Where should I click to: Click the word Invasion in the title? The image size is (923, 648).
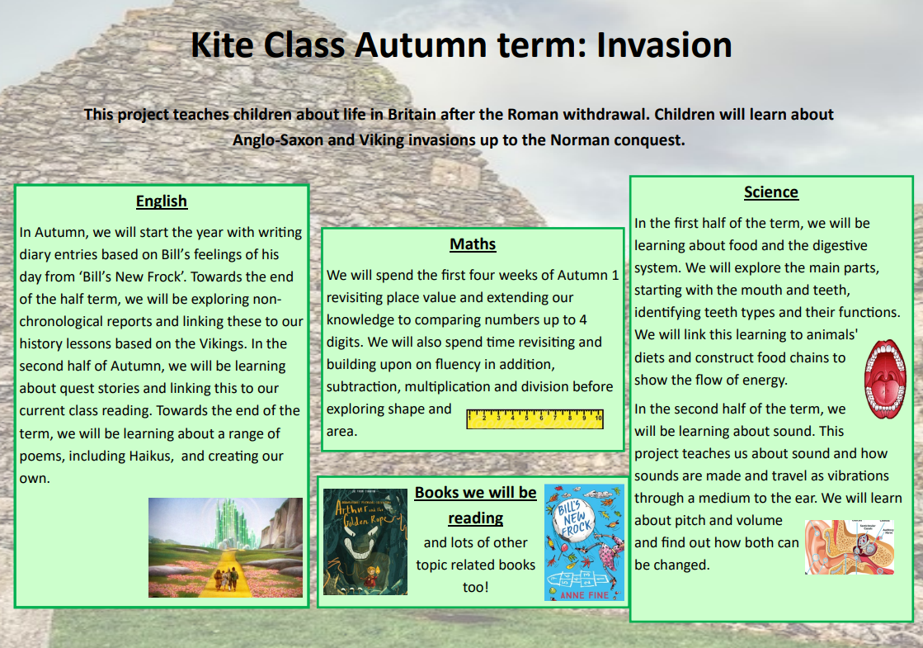pyautogui.click(x=664, y=45)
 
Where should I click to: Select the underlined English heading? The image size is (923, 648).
pyautogui.click(x=162, y=201)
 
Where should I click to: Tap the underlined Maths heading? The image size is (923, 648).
pyautogui.click(x=473, y=244)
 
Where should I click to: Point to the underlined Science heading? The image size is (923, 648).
pyautogui.click(x=771, y=192)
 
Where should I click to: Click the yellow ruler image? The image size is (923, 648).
pyautogui.click(x=534, y=419)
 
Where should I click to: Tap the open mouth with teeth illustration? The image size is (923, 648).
pyautogui.click(x=885, y=379)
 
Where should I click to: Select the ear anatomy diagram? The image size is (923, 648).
pyautogui.click(x=850, y=546)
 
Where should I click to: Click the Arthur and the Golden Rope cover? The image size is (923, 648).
pyautogui.click(x=365, y=542)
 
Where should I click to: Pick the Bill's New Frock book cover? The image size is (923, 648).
pyautogui.click(x=584, y=542)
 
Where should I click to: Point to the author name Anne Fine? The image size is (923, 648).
pyautogui.click(x=584, y=595)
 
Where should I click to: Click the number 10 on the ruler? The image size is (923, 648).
pyautogui.click(x=598, y=418)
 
